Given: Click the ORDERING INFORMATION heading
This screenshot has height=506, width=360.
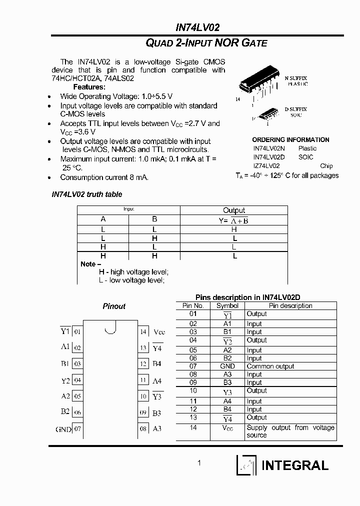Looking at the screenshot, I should point(290,139).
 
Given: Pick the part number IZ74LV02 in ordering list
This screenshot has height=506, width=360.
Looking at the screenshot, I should point(266,165).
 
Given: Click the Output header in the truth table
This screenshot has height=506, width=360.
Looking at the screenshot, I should point(233,210).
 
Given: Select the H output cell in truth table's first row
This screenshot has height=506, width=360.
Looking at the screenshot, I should point(233,229).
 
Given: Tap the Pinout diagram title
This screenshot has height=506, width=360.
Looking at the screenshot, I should point(114,306).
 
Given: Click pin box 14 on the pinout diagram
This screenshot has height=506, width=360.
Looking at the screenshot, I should point(143,332).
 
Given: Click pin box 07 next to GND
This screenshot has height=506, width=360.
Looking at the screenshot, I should point(77,429).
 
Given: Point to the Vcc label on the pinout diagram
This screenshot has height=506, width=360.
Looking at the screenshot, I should point(159,332).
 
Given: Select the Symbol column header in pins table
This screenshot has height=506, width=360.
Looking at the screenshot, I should point(227,305).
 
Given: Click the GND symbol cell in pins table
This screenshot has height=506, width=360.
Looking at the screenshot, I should point(227,366).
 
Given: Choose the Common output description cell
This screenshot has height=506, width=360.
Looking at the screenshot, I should point(270,366).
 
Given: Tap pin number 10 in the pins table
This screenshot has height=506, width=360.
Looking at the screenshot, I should point(193,390).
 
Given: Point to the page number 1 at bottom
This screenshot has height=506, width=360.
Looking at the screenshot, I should point(199,463).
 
